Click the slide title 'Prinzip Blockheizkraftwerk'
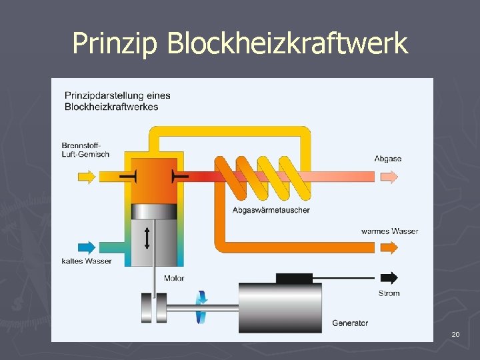239,44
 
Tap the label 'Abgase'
387,159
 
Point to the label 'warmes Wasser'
389,231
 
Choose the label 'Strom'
389,293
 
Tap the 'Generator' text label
349,323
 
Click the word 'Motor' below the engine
173,278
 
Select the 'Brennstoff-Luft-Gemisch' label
85,150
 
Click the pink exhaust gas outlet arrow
389,177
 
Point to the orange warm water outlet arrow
389,247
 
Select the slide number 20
455,333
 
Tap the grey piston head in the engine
156,211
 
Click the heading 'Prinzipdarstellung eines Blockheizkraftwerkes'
117,101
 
